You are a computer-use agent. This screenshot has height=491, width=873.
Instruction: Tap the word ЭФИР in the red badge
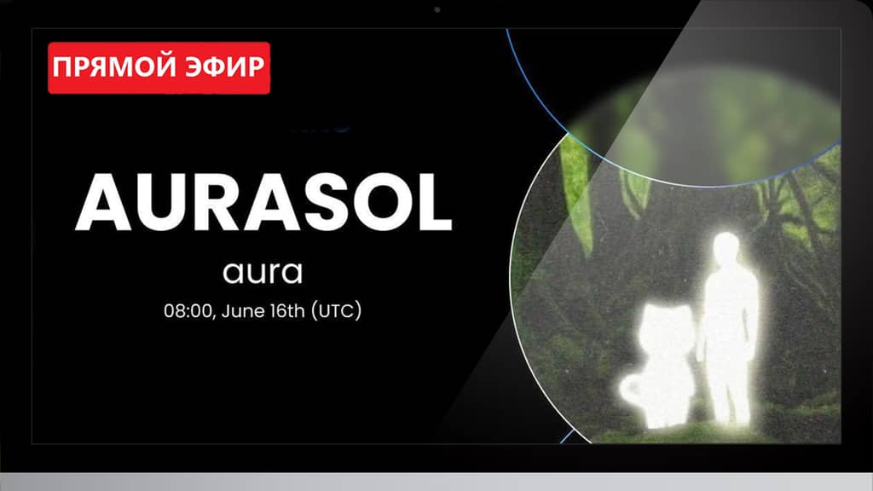(225, 66)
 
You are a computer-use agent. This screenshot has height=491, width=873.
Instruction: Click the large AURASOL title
(263, 201)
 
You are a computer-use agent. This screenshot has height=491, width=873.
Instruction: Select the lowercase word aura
(263, 272)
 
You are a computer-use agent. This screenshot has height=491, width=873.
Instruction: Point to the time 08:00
(188, 310)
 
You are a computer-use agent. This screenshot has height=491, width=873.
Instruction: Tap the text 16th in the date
(287, 310)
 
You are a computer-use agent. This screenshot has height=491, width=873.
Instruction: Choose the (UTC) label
(336, 310)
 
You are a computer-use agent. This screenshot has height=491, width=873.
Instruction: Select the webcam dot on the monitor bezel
(437, 9)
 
